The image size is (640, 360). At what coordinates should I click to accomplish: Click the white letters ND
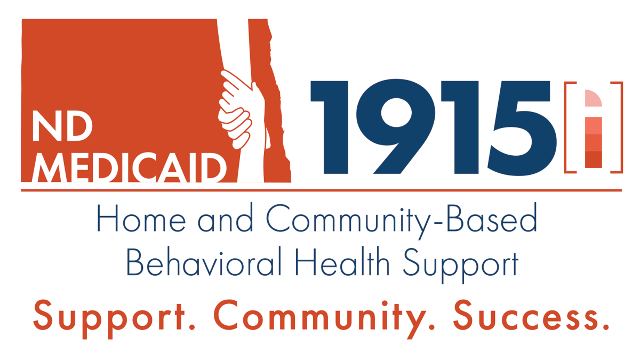click(x=62, y=126)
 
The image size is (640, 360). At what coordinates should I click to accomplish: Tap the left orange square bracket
click(x=569, y=127)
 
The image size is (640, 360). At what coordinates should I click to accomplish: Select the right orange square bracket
click(x=618, y=127)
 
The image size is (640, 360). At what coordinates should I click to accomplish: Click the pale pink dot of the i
click(x=593, y=98)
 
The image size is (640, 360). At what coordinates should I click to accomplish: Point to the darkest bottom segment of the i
click(x=593, y=159)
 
